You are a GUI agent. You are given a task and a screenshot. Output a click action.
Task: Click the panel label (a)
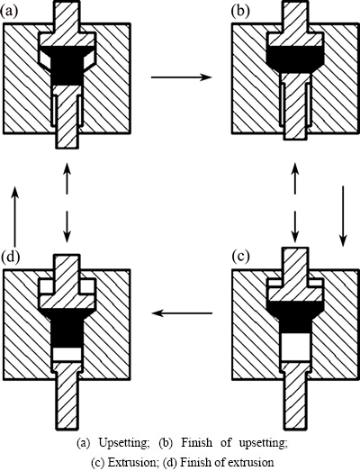10,11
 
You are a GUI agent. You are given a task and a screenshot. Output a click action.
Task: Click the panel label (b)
240,11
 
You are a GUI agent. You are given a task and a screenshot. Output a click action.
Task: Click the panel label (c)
241,258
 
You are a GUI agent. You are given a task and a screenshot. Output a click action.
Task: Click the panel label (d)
10,258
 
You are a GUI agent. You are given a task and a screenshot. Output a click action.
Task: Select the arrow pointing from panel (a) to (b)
182,77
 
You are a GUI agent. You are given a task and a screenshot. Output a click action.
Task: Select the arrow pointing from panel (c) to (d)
183,313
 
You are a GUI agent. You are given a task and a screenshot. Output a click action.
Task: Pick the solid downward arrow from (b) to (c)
343,216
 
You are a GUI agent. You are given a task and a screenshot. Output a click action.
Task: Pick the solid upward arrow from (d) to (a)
14,216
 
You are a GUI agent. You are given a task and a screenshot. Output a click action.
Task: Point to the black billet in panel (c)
295,317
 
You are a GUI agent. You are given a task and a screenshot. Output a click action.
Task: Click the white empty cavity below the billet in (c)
295,348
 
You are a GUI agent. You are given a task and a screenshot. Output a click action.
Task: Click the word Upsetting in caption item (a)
124,443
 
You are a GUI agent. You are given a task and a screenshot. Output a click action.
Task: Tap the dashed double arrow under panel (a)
67,203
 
